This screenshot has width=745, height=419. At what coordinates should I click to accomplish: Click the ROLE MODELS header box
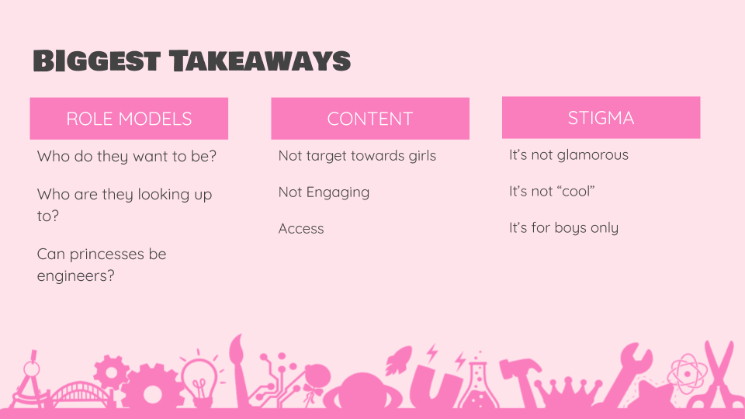(129, 119)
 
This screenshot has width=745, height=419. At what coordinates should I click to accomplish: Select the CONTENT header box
(370, 119)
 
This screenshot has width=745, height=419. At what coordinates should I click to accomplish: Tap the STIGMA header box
(601, 118)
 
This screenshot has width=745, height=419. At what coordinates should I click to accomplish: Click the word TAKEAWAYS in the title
(260, 61)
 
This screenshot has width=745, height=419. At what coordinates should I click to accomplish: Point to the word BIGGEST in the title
(97, 61)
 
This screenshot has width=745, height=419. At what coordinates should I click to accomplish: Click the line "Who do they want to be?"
(126, 156)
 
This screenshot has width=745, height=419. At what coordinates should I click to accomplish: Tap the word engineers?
(75, 276)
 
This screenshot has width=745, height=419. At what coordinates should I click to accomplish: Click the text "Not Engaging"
(324, 192)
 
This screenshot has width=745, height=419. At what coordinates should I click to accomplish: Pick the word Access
(301, 228)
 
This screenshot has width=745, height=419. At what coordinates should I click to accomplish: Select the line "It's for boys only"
(563, 228)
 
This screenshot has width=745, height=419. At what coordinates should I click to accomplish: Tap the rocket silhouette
(397, 360)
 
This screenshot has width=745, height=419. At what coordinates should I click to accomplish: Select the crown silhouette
(567, 393)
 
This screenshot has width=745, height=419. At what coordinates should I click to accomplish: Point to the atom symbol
(687, 374)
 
